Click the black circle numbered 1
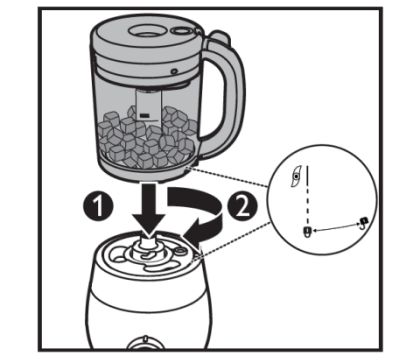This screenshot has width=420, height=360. (98, 206)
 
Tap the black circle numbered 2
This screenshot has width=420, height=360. (242, 206)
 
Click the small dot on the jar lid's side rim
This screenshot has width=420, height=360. (173, 71)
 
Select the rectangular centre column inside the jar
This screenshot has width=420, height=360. (149, 105)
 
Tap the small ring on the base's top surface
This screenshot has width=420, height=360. (182, 251)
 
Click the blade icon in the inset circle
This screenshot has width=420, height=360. (295, 177)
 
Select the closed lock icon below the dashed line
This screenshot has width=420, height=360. (307, 231)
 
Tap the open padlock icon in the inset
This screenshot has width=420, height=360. (363, 222)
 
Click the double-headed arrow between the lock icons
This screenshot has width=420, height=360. (336, 227)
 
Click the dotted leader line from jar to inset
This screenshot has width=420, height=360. (229, 178)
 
